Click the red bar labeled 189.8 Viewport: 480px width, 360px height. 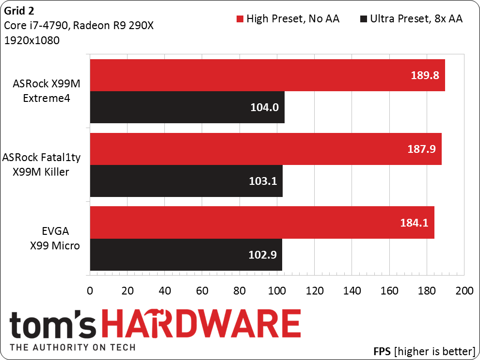pyautogui.click(x=267, y=75)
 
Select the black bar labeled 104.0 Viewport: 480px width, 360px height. pyautogui.click(x=187, y=107)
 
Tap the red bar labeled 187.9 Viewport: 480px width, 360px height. pyautogui.click(x=266, y=149)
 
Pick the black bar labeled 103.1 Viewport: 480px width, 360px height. pyautogui.click(x=186, y=181)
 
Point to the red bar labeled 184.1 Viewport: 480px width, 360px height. pyautogui.click(x=262, y=222)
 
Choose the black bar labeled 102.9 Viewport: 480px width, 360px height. pyautogui.click(x=186, y=255)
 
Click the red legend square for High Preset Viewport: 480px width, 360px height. pyautogui.click(x=240, y=19)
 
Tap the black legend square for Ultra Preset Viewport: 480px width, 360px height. pyautogui.click(x=363, y=19)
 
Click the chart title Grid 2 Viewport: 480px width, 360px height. pyautogui.click(x=19, y=11)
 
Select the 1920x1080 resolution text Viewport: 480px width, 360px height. pyautogui.click(x=32, y=40)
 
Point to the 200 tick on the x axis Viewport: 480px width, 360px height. pyautogui.click(x=464, y=291)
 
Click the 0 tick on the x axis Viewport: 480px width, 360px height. pyautogui.click(x=90, y=291)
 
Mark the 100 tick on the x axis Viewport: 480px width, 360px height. pyautogui.click(x=277, y=291)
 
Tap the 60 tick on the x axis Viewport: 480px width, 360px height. pyautogui.click(x=202, y=291)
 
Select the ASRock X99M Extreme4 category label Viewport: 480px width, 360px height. pyautogui.click(x=47, y=91)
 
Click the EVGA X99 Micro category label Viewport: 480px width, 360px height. pyautogui.click(x=55, y=238)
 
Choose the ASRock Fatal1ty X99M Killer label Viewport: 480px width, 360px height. pyautogui.click(x=41, y=164)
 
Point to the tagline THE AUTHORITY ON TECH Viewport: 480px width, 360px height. pyautogui.click(x=73, y=347)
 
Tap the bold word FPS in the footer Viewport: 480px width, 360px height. pyautogui.click(x=382, y=351)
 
